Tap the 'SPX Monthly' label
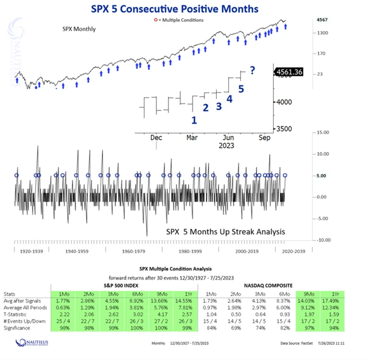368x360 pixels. click(79, 29)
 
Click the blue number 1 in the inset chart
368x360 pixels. click(194, 120)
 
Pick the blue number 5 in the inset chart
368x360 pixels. click(241, 89)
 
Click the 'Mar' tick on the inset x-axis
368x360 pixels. click(192, 138)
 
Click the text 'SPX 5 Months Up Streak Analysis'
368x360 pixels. click(225, 232)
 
